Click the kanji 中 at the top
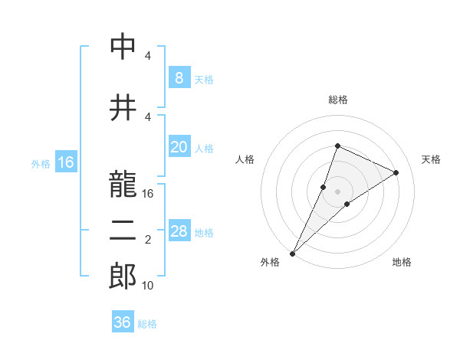124,47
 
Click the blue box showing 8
179,78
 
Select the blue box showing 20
179,148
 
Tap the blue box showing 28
179,231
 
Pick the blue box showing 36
123,322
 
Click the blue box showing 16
66,162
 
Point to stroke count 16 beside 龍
149,194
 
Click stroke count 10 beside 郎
149,286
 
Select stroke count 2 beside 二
148,240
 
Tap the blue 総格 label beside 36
148,324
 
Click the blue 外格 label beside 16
41,164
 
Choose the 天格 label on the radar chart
432,159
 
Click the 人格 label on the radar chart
245,159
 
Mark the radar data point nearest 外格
293,253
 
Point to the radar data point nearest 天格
396,172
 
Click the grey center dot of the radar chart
337,191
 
